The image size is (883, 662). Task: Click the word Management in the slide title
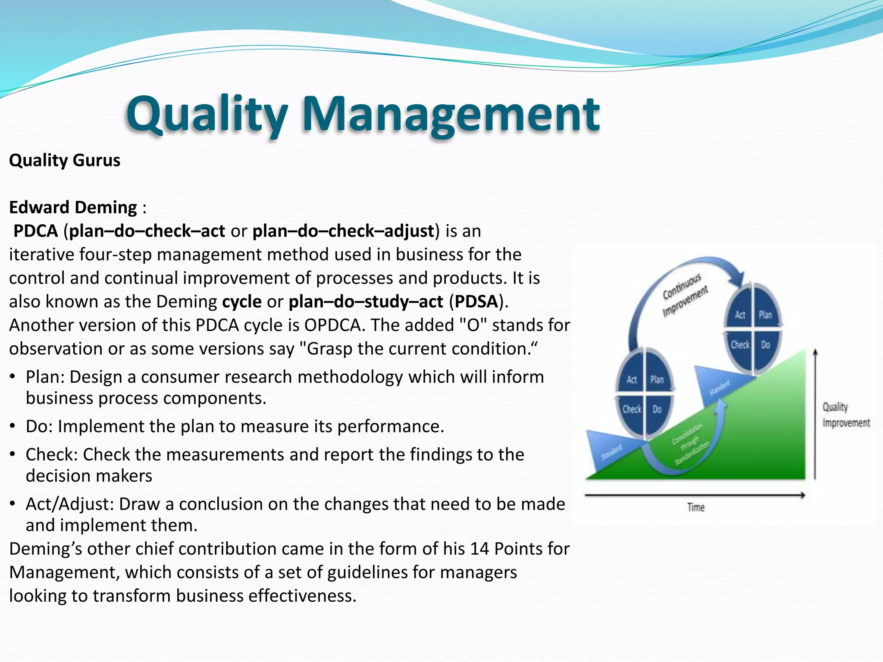coord(451,114)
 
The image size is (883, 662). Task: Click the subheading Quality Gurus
coord(65,160)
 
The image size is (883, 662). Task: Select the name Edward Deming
coord(73,207)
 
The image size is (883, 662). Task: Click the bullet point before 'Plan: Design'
coord(13,377)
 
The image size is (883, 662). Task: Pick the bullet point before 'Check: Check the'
coord(13,455)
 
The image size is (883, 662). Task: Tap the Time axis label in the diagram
coord(695,507)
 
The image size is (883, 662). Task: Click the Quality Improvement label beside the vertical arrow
coord(845,415)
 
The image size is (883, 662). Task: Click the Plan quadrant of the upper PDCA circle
coord(765,315)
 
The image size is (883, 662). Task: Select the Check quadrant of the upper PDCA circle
coord(740,345)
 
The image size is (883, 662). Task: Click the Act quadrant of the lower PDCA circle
coord(632,380)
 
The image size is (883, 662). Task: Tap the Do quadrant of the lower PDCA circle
coord(657,409)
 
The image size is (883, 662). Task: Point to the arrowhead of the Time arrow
coord(802,495)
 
